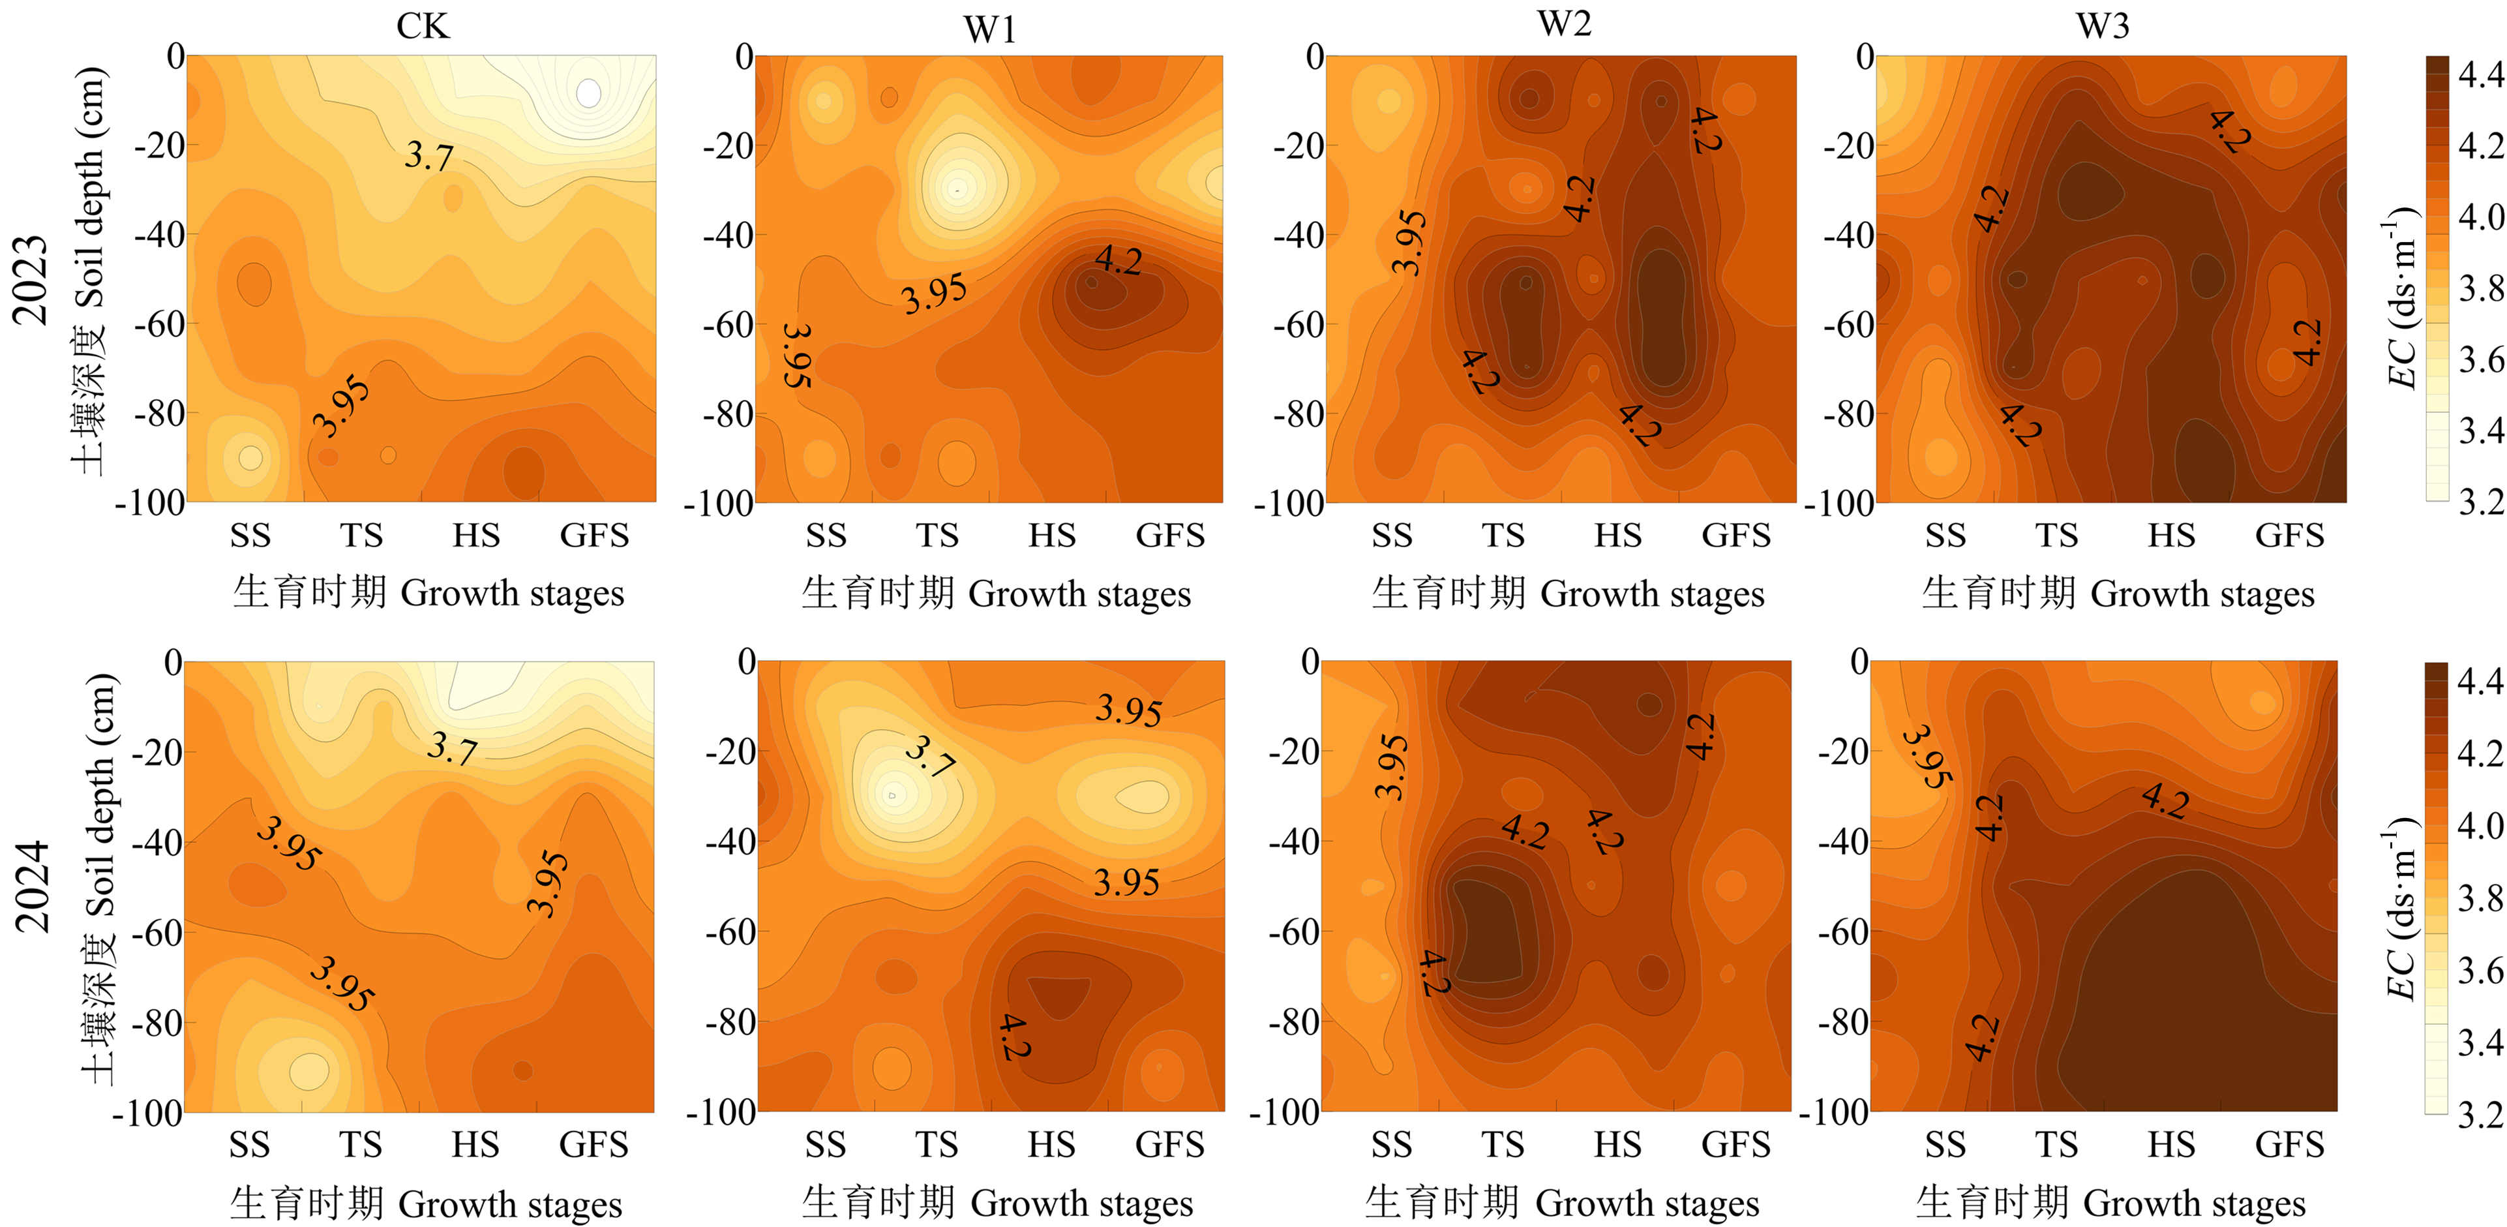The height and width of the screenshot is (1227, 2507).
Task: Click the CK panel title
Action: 423,25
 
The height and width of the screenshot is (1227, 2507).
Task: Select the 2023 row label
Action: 30,279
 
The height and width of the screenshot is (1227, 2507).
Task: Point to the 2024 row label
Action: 32,885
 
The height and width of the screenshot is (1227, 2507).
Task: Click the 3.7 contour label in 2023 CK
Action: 429,156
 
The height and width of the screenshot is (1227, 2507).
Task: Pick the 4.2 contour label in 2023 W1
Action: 1118,261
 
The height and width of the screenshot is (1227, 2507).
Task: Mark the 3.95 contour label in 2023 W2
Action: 1408,242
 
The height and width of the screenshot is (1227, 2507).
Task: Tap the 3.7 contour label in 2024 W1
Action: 929,756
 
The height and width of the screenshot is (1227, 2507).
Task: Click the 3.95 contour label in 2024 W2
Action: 1390,766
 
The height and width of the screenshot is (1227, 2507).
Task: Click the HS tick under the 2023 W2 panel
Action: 1617,535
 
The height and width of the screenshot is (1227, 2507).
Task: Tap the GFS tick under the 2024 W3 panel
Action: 2289,1144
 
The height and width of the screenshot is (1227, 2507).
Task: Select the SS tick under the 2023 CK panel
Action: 250,535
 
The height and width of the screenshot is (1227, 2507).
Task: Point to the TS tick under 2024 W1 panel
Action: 937,1144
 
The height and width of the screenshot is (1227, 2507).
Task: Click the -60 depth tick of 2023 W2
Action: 1297,324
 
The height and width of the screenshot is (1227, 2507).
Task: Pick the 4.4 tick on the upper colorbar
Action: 2480,74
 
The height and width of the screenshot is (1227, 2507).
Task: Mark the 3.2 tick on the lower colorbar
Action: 2480,1113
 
